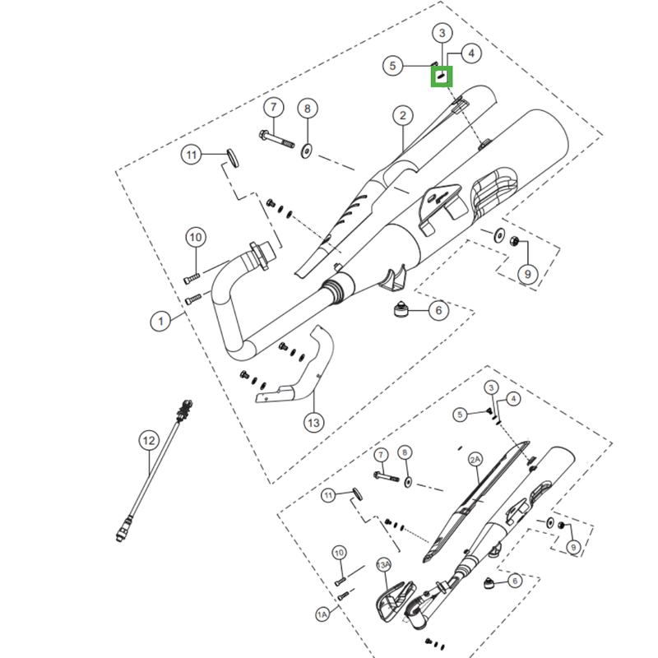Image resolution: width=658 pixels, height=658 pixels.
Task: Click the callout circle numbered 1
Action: pyautogui.click(x=160, y=322)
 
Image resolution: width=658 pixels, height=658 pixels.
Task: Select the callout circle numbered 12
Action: pyautogui.click(x=149, y=441)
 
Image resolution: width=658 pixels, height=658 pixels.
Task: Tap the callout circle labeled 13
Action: pyautogui.click(x=314, y=422)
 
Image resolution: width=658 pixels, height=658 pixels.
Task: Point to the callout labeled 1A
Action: pyautogui.click(x=322, y=614)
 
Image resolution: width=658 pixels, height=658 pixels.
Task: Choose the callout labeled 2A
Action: pyautogui.click(x=475, y=460)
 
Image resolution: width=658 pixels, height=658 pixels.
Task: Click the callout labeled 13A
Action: pyautogui.click(x=383, y=565)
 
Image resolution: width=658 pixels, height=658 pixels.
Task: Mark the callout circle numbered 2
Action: pyautogui.click(x=403, y=115)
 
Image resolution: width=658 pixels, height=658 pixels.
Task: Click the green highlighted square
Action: pyautogui.click(x=442, y=76)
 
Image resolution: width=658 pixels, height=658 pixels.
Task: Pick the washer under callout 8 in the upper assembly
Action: pyautogui.click(x=306, y=151)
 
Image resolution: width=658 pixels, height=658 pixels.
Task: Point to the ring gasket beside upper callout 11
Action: pyautogui.click(x=234, y=157)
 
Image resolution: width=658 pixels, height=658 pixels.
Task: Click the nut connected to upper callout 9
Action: pyautogui.click(x=514, y=241)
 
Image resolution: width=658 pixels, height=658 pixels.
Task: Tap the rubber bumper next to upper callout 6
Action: pyautogui.click(x=401, y=309)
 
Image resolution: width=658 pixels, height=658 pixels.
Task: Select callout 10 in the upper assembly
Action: pyautogui.click(x=196, y=238)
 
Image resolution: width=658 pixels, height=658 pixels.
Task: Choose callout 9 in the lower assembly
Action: pyautogui.click(x=573, y=547)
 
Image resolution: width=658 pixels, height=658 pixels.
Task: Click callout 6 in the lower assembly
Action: pyautogui.click(x=515, y=581)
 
